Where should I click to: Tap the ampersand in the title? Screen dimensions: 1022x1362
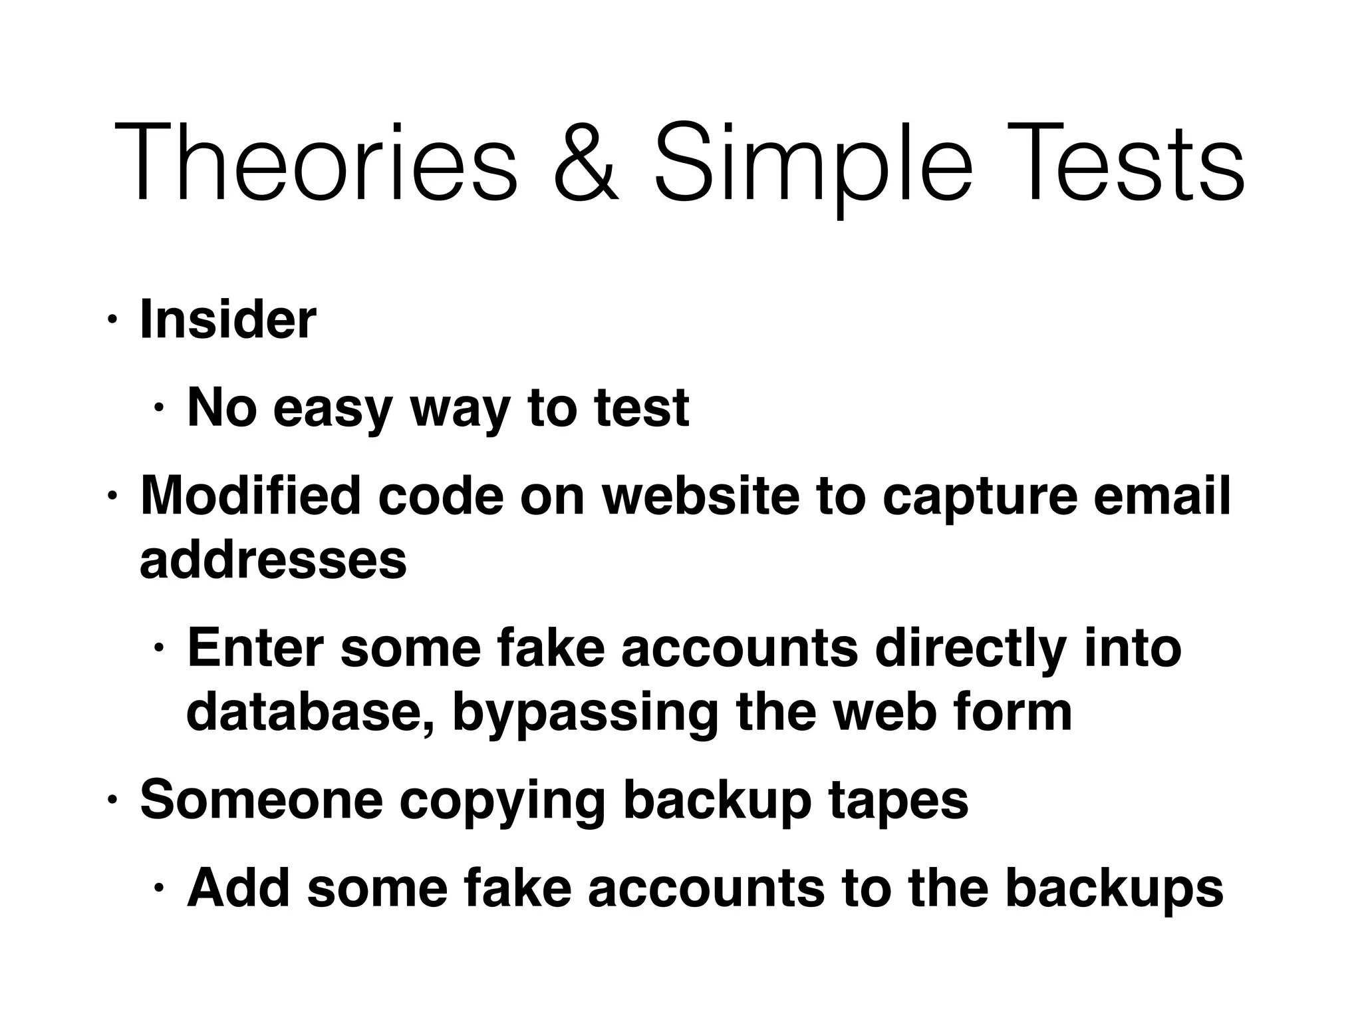tap(586, 163)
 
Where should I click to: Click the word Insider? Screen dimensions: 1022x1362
tap(228, 320)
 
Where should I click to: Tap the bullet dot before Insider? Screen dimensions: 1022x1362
tap(112, 321)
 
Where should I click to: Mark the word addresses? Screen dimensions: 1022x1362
tap(273, 560)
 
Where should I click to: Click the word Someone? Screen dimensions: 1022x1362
tap(261, 800)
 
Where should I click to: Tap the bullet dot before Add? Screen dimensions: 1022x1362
tap(159, 888)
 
